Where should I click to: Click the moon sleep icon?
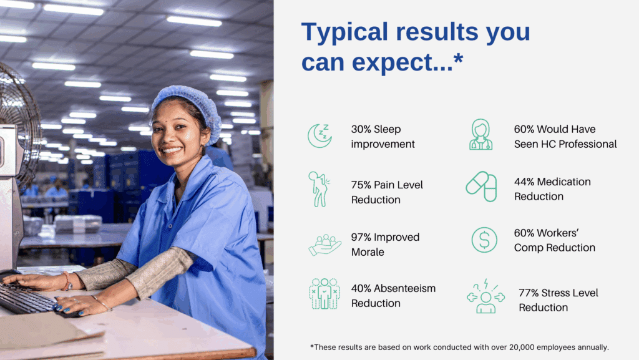pyautogui.click(x=319, y=136)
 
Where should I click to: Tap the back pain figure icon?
pyautogui.click(x=319, y=189)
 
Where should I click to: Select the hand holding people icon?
pyautogui.click(x=324, y=245)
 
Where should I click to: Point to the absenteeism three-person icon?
pyautogui.click(x=324, y=294)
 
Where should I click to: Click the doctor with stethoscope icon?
pyautogui.click(x=481, y=134)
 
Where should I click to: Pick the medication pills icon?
pyautogui.click(x=482, y=187)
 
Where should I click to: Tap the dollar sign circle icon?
pyautogui.click(x=484, y=240)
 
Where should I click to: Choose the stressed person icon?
pyautogui.click(x=485, y=296)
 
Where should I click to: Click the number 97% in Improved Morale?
pyautogui.click(x=361, y=237)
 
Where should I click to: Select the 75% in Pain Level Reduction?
pyautogui.click(x=361, y=185)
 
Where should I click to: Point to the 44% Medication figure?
pyautogui.click(x=524, y=182)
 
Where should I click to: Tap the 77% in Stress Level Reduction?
pyautogui.click(x=529, y=293)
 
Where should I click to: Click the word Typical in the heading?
pyautogui.click(x=344, y=32)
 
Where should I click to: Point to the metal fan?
pyautogui.click(x=18, y=122)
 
